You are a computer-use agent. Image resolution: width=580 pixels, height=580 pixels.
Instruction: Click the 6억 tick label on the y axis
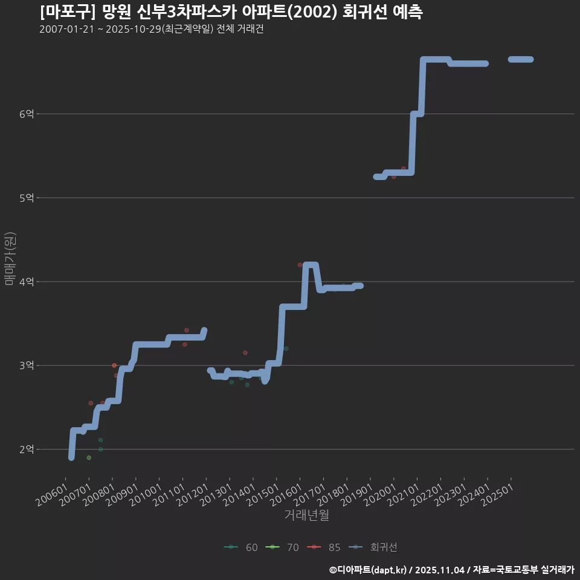pos(27,114)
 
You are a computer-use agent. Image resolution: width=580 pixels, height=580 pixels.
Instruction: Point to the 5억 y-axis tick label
pos(27,198)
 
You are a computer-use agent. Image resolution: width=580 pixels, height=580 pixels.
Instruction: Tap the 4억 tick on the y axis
pos(27,282)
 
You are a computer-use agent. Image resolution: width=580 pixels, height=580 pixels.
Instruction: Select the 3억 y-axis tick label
pos(27,366)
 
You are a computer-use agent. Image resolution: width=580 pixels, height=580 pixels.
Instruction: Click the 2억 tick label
pos(27,449)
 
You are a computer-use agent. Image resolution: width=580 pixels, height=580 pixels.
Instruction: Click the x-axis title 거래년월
pos(307,515)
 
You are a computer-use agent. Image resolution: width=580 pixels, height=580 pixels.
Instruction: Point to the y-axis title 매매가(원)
pos(10,259)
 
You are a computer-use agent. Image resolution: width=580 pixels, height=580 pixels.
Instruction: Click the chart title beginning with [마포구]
pos(231,12)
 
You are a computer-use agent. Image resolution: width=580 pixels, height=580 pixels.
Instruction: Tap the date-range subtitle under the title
pos(151,30)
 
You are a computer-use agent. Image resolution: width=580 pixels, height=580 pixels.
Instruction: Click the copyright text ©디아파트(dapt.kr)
pos(370,570)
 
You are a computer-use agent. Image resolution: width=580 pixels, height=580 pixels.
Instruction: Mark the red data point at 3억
pos(114,366)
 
